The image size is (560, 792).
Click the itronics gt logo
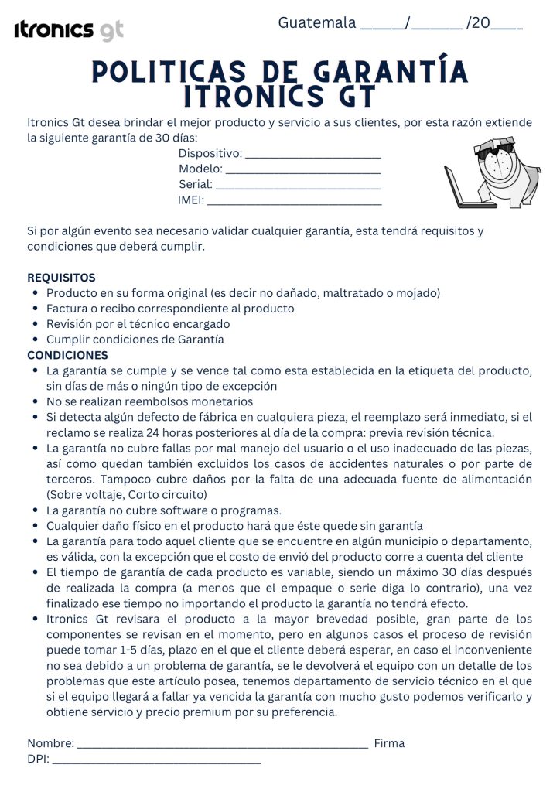[x=69, y=30]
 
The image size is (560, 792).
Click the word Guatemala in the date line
[x=317, y=22]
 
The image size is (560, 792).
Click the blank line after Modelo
[x=303, y=172]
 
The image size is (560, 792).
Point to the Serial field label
[x=195, y=185]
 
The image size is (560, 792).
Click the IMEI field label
[x=191, y=200]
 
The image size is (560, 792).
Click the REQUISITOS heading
[x=61, y=277]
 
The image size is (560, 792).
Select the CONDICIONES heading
[x=67, y=355]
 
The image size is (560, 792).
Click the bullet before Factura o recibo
[x=36, y=309]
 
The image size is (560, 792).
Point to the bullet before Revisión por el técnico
[x=36, y=324]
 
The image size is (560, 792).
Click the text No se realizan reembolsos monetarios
[x=149, y=401]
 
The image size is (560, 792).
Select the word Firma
[x=389, y=743]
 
